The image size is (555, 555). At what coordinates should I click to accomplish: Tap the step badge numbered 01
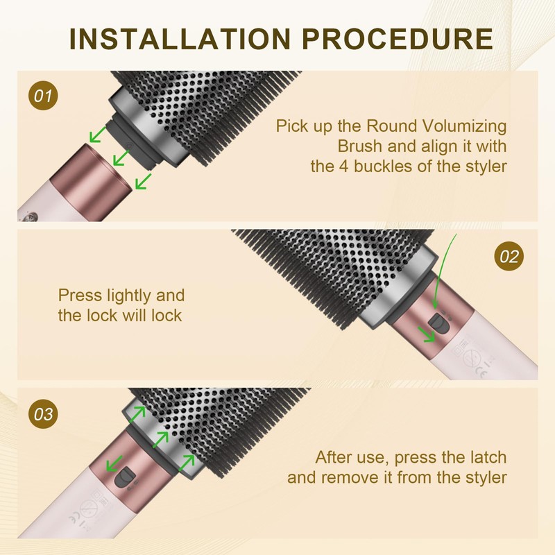click(x=43, y=96)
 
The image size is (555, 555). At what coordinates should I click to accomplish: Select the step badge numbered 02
click(x=509, y=256)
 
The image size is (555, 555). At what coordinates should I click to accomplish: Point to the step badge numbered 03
click(x=43, y=413)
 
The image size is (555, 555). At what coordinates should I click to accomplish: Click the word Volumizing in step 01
click(x=464, y=126)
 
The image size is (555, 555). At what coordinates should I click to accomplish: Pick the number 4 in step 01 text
click(x=344, y=166)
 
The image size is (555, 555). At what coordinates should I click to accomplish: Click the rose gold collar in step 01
click(x=90, y=177)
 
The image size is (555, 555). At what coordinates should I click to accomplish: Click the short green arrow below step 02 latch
click(x=427, y=334)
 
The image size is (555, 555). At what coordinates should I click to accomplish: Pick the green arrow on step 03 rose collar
click(x=114, y=463)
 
